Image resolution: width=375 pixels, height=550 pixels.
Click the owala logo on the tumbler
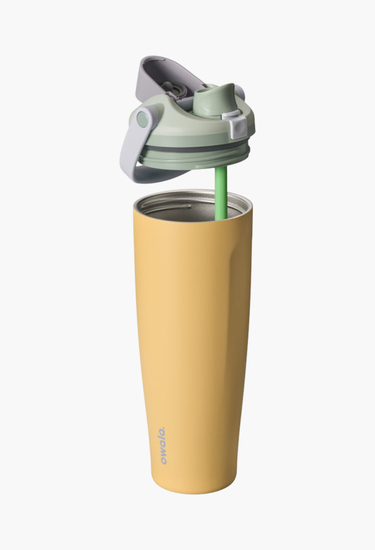(x=163, y=445)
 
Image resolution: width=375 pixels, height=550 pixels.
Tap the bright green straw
(x=221, y=193)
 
